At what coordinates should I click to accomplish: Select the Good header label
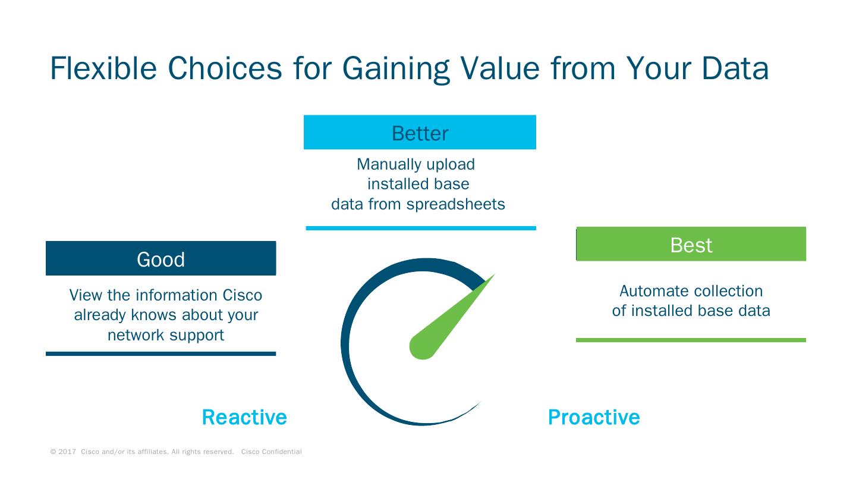tap(160, 259)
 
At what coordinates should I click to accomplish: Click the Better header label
tap(420, 133)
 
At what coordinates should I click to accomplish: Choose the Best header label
tap(691, 245)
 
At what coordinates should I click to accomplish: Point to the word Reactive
tap(244, 417)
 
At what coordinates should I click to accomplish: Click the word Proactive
tap(593, 417)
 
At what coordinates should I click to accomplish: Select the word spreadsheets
tap(455, 204)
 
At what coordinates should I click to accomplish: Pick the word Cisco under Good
tap(242, 295)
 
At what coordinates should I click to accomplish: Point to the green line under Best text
tap(691, 340)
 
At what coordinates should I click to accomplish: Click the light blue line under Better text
tap(421, 228)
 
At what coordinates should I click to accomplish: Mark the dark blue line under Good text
tap(160, 354)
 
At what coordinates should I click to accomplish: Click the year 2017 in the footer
tap(67, 452)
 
